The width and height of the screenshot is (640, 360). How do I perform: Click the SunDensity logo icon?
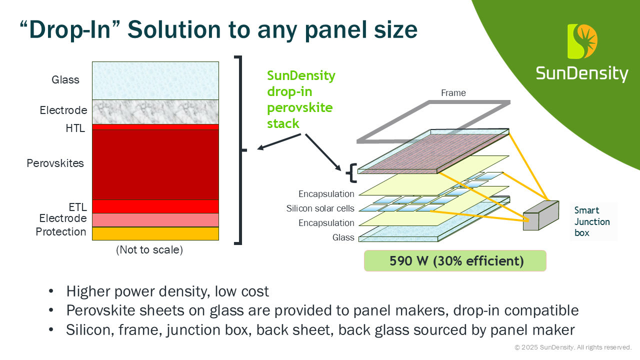582,41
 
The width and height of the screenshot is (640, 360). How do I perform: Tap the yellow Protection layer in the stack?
155,233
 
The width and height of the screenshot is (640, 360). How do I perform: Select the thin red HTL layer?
155,127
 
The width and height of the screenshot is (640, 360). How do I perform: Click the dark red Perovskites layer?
155,165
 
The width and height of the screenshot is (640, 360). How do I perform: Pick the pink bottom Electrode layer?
155,220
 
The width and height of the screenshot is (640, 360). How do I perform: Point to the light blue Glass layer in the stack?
155,81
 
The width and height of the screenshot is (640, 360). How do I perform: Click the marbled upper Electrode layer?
155,112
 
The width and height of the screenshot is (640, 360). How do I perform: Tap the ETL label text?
77,207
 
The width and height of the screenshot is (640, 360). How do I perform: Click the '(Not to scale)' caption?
149,249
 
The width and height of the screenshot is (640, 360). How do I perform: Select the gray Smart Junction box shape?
541,215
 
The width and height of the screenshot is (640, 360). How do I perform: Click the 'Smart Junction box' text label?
592,221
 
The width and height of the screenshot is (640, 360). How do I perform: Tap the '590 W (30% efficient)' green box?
455,260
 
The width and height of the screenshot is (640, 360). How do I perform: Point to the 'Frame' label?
453,93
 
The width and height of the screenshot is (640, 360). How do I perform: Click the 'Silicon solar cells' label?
320,208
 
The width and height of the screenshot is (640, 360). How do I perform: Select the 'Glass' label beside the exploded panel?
343,237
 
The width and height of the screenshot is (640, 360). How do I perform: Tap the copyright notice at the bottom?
573,347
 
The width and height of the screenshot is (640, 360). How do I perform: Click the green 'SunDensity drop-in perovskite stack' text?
301,99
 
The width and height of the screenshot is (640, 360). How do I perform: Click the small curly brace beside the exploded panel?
351,173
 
